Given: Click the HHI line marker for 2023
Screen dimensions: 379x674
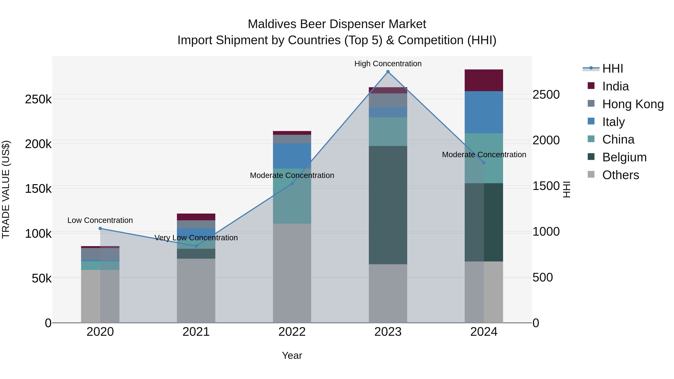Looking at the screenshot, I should pyautogui.click(x=388, y=72).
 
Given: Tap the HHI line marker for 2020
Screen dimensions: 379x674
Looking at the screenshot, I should pyautogui.click(x=100, y=228).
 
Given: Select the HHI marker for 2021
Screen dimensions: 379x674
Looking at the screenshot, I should pyautogui.click(x=196, y=246).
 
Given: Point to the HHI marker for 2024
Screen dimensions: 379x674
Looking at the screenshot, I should pyautogui.click(x=484, y=163).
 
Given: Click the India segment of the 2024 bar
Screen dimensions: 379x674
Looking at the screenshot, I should pyautogui.click(x=484, y=80).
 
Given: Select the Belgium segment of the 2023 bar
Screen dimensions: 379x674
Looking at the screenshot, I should pyautogui.click(x=388, y=205).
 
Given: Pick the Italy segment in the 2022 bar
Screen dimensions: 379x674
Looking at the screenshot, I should pyautogui.click(x=292, y=156).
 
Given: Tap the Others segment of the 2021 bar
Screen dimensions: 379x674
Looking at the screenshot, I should pyautogui.click(x=196, y=290).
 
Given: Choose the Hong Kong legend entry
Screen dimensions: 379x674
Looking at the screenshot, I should pyautogui.click(x=633, y=104).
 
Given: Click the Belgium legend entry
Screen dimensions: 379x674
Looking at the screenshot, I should pyautogui.click(x=624, y=157).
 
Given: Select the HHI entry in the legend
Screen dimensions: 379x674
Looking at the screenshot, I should pyautogui.click(x=612, y=69).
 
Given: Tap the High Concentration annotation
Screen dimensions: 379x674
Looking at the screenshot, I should pyautogui.click(x=388, y=64).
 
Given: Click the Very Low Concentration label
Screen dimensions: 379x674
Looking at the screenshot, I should pyautogui.click(x=196, y=238).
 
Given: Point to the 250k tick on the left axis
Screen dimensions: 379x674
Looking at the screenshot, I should pyautogui.click(x=38, y=99).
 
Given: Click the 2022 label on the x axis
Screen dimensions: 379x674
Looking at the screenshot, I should pyautogui.click(x=292, y=332).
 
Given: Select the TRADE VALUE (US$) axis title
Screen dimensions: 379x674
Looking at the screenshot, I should pyautogui.click(x=6, y=189).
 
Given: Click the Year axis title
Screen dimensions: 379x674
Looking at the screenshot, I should pyautogui.click(x=292, y=355).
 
